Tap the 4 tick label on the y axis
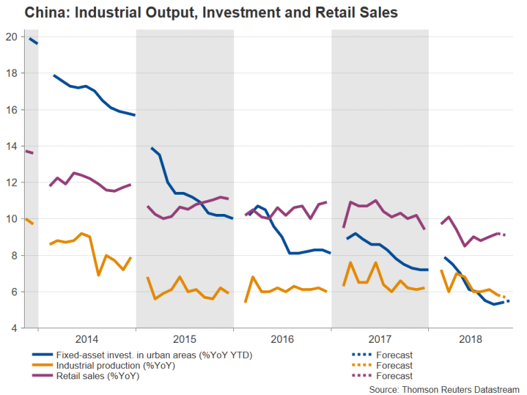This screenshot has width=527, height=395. click(12, 328)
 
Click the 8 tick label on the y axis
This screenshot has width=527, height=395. click(12, 255)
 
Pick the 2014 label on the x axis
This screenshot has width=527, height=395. click(86, 339)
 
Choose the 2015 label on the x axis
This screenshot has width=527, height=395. click(185, 339)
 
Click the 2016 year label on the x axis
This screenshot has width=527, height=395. click(282, 339)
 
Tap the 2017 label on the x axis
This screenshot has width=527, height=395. click(379, 339)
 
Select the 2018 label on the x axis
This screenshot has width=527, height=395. click(471, 339)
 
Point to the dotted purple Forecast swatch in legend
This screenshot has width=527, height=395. click(358, 376)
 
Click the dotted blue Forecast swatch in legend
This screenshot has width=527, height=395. click(358, 355)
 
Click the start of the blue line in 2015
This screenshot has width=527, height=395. click(151, 147)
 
